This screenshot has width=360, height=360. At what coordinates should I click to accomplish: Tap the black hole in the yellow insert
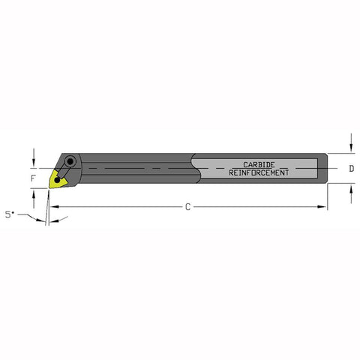coord(58,180)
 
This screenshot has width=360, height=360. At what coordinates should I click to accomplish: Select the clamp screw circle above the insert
coord(70,161)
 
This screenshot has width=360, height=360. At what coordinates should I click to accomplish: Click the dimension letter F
coord(32,179)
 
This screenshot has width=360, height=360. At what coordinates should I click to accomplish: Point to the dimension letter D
coord(352,169)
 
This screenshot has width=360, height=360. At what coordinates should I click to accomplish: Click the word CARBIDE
coord(258,164)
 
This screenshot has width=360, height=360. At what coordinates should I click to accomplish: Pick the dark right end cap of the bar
coord(323,169)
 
